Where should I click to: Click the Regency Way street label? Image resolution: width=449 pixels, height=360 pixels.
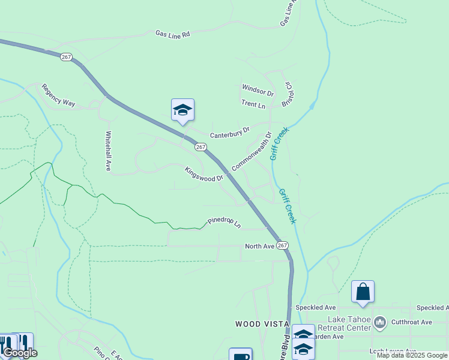[58, 95]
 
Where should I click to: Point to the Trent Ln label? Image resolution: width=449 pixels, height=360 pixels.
[253, 104]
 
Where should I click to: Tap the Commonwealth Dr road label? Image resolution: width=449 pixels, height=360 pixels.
[252, 151]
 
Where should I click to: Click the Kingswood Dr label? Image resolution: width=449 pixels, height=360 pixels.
[203, 175]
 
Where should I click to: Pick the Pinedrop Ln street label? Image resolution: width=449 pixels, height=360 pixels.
[224, 223]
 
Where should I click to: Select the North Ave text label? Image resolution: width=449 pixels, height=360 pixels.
[259, 246]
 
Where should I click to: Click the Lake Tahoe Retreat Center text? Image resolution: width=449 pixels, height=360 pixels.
[348, 323]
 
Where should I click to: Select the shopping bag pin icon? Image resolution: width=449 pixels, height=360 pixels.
[363, 292]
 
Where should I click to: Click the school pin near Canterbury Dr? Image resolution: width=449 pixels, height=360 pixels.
[182, 110]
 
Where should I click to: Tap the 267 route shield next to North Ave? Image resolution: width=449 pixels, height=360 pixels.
[283, 246]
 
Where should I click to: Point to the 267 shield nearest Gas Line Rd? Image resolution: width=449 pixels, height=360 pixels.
[66, 57]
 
